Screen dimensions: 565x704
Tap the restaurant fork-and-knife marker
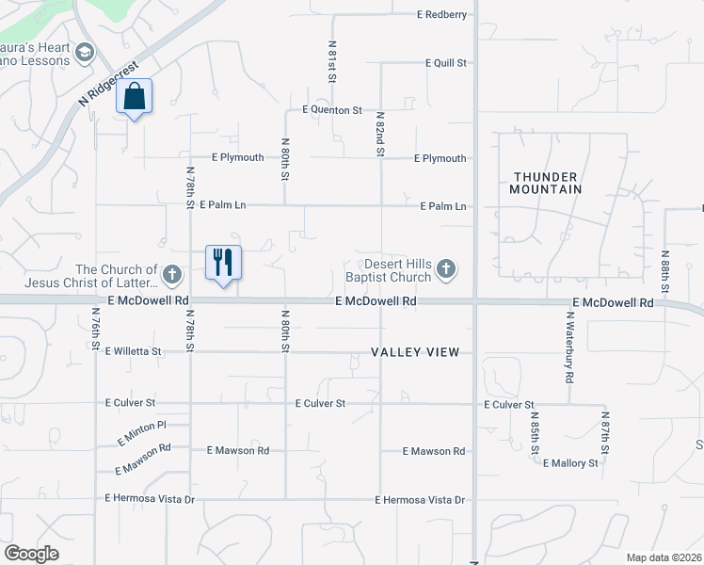coord(224,261)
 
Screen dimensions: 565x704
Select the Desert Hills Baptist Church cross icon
coord(446,271)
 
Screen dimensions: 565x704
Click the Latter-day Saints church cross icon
coord(171,275)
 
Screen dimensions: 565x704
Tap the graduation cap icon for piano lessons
coord(87,52)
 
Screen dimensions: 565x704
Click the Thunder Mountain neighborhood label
coord(548,183)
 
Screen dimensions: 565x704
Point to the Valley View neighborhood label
coord(415,352)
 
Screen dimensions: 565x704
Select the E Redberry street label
coord(442,15)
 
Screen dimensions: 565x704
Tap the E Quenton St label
coord(332,110)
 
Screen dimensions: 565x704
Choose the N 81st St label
coord(332,62)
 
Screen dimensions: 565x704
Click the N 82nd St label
coord(380,134)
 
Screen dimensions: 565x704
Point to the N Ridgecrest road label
coord(109,84)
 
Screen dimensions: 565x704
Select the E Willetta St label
coord(134,351)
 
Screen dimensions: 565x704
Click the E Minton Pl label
coord(141,433)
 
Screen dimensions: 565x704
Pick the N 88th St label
coord(664,272)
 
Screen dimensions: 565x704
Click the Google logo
coord(32,554)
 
